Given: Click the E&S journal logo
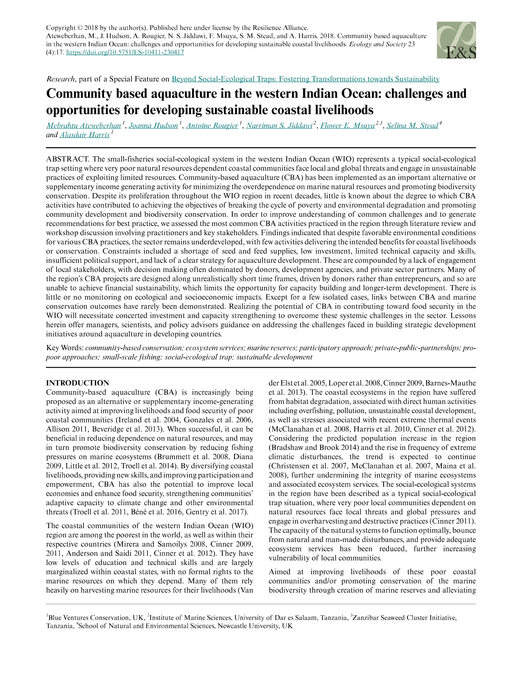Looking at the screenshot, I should tap(456, 40).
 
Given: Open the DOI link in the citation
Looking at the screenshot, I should tap(125, 52).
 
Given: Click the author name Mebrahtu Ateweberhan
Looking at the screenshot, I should tap(84, 126).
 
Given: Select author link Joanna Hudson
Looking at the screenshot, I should tap(153, 126).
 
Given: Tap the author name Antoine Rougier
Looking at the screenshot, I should tap(212, 126).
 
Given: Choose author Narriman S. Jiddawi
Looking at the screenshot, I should tap(278, 126).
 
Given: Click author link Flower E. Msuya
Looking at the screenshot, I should tap(347, 126).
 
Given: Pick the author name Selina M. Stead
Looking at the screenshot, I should tap(412, 126).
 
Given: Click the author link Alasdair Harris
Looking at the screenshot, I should tap(84, 135).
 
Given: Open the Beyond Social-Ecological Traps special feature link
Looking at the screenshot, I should tap(305, 79).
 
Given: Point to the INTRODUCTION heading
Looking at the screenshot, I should tap(78, 383).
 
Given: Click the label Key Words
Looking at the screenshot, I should tap(65, 348).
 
